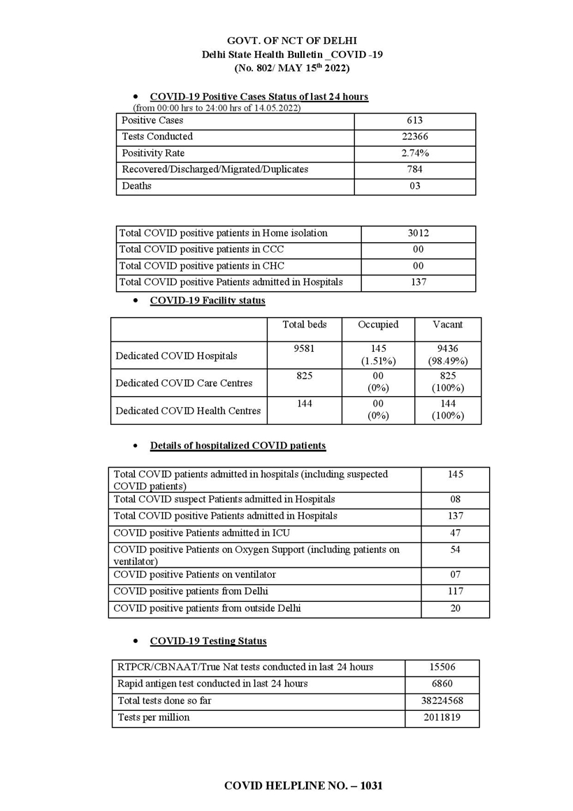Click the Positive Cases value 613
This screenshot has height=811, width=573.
(x=415, y=120)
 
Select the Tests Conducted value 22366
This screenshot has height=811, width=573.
(x=415, y=136)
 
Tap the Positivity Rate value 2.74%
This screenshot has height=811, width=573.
(x=415, y=153)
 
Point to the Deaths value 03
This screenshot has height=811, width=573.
(x=415, y=186)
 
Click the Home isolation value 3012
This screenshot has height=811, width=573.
(x=418, y=233)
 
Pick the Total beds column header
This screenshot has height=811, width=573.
(x=304, y=325)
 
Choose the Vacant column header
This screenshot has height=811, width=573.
(x=447, y=325)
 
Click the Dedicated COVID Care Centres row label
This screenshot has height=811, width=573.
(x=184, y=383)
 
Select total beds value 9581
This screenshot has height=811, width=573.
(x=304, y=348)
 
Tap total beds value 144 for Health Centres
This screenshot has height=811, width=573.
(x=304, y=404)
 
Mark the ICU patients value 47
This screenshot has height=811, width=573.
(x=455, y=533)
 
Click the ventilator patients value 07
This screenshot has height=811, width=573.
(x=455, y=574)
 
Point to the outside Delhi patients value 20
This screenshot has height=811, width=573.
(x=455, y=609)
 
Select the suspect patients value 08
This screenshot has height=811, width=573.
(x=455, y=500)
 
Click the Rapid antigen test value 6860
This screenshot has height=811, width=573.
(x=442, y=684)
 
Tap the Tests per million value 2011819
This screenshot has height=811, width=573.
(x=442, y=717)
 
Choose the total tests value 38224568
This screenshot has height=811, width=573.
(x=442, y=700)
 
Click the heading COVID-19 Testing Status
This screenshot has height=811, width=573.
(x=208, y=641)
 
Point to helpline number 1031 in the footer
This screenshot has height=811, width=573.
(x=371, y=786)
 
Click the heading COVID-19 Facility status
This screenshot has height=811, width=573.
(x=208, y=301)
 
